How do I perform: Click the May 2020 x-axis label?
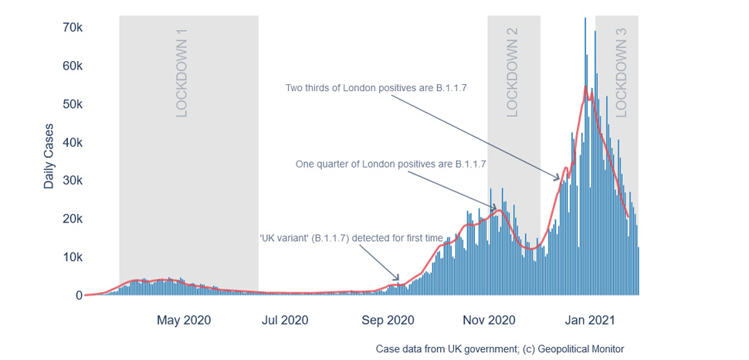pyautogui.click(x=184, y=320)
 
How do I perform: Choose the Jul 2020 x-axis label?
pyautogui.click(x=285, y=320)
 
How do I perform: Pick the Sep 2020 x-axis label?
pyautogui.click(x=388, y=320)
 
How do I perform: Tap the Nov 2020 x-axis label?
pyautogui.click(x=489, y=320)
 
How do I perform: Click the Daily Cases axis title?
pyautogui.click(x=49, y=156)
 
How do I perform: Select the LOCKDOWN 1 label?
pyautogui.click(x=182, y=73)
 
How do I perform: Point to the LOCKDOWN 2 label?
pyautogui.click(x=512, y=73)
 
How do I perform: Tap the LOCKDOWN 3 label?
pyautogui.click(x=621, y=73)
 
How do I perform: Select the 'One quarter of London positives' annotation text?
pyautogui.click(x=391, y=165)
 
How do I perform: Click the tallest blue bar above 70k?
pyautogui.click(x=585, y=156)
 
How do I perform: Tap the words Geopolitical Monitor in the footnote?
pyautogui.click(x=581, y=348)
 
